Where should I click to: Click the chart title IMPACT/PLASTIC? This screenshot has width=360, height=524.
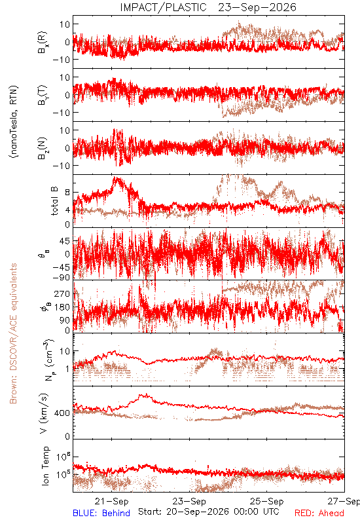tap(163, 7)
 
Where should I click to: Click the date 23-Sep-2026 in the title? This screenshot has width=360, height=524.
tap(257, 7)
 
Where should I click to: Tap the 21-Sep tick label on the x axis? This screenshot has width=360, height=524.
tap(111, 501)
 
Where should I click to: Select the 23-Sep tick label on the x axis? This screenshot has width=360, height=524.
tap(189, 501)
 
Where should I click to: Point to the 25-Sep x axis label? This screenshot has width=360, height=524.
tap(267, 501)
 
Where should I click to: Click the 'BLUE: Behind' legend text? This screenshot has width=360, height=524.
tap(101, 513)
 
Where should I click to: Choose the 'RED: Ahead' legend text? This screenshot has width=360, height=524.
tap(319, 513)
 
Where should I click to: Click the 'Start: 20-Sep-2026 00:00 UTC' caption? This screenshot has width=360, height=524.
tap(208, 512)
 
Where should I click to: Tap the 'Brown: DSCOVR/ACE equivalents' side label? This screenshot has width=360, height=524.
tap(13, 333)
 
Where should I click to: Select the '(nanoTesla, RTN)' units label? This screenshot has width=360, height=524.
tap(14, 121)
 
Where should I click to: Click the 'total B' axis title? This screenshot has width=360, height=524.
tap(54, 200)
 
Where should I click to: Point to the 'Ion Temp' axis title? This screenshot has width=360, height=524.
tap(45, 466)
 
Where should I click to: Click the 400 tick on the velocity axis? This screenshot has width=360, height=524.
tap(62, 413)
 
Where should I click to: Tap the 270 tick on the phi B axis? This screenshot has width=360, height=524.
tap(62, 293)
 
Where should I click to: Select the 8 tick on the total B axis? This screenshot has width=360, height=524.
tap(68, 192)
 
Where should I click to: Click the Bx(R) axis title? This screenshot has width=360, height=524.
tap(43, 43)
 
